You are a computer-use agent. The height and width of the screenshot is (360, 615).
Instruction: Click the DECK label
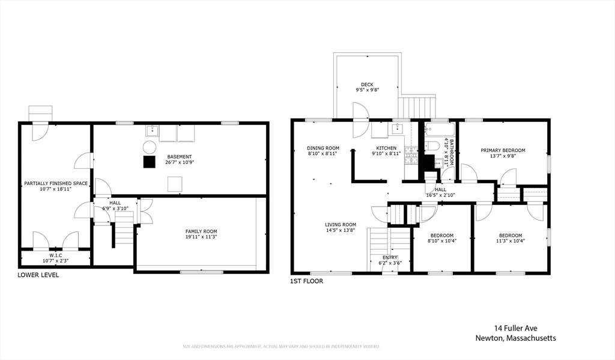(367, 84)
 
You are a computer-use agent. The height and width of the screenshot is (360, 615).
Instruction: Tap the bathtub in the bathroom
(440, 129)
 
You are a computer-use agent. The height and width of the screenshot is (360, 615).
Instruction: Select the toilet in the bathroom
(432, 145)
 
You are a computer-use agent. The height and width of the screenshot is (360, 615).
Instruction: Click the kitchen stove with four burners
(411, 156)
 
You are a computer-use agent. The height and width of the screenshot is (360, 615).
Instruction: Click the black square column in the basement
(149, 161)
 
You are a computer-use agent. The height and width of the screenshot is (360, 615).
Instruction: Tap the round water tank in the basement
(149, 147)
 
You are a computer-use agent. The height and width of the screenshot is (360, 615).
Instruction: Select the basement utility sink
(152, 132)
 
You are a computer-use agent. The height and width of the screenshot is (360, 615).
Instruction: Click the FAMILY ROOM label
(201, 231)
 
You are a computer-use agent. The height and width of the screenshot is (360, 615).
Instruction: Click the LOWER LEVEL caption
(38, 275)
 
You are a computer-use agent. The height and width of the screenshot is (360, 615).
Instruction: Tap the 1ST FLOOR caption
(306, 281)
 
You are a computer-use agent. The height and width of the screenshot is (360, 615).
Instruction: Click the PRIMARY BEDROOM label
(503, 150)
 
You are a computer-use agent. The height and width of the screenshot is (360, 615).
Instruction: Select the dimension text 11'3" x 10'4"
(510, 242)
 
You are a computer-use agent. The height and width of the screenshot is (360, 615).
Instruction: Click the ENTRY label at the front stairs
(389, 257)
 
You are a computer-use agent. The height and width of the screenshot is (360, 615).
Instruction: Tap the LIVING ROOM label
(341, 225)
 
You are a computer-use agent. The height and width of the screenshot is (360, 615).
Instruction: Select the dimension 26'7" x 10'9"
(180, 162)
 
